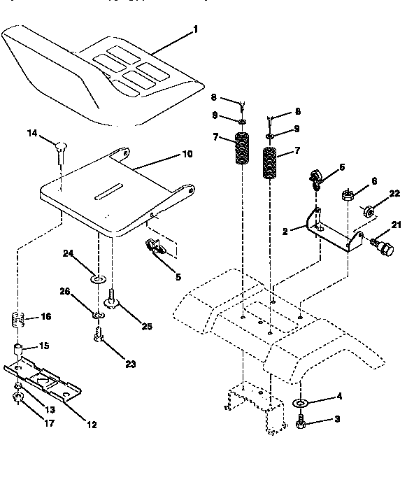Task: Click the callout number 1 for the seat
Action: [196, 29]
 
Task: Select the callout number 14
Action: [31, 132]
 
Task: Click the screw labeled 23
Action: [98, 340]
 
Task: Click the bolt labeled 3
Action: [301, 421]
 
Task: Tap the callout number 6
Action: [373, 181]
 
